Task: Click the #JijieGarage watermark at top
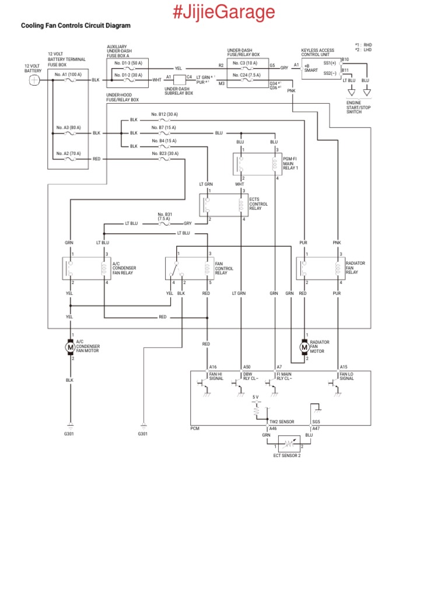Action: coord(224,11)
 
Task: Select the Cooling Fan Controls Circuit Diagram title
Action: coord(76,26)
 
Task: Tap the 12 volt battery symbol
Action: coord(34,80)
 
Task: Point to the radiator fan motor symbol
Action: coord(304,347)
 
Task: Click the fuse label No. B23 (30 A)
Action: coord(164,153)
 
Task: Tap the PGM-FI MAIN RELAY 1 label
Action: coord(290,163)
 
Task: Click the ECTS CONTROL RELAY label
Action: coord(258,203)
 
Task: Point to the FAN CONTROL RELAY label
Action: coord(224,268)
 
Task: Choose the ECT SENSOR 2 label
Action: coord(287,456)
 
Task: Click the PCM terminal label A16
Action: coord(213,367)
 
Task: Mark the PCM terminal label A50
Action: coord(247,367)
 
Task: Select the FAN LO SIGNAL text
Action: coord(347,376)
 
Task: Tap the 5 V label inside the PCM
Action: coord(256,397)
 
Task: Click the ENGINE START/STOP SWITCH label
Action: coord(358,107)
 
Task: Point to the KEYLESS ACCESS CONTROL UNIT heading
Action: coord(318,52)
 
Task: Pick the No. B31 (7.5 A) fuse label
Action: coord(164,216)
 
